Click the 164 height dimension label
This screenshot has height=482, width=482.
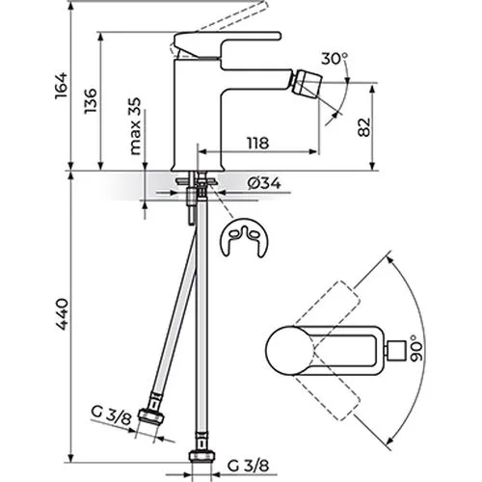[61, 86]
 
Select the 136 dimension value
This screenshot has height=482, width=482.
[91, 100]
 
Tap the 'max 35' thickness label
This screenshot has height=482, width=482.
[135, 126]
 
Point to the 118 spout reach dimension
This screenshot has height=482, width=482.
[257, 143]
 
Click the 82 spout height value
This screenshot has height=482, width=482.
[364, 127]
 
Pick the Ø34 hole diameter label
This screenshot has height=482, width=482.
[265, 183]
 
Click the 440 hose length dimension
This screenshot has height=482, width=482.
[61, 314]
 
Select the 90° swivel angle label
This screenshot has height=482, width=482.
[416, 348]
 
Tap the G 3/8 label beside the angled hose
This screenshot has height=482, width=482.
[111, 415]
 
